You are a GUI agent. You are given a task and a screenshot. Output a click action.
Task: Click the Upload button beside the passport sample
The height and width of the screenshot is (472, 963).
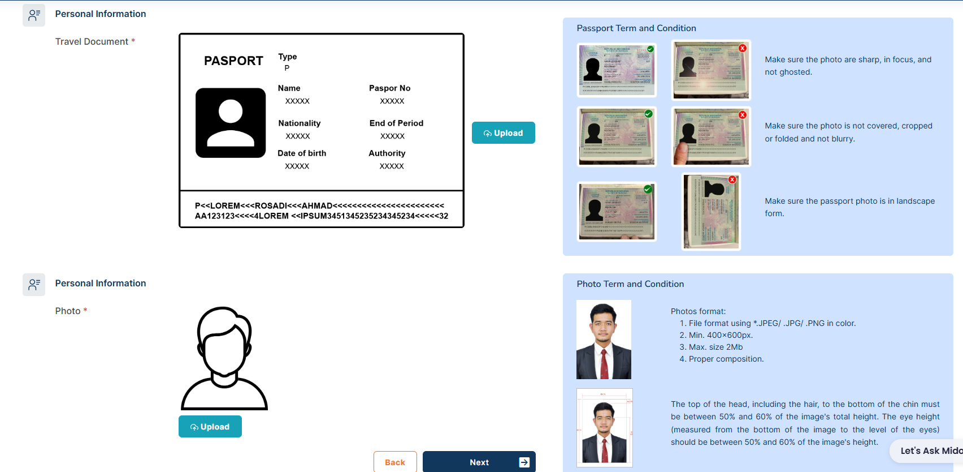coord(503,133)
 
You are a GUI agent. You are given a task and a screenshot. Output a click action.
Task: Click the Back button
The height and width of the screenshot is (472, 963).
coord(395,462)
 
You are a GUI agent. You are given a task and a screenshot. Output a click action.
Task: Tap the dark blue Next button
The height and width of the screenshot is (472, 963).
coord(479,462)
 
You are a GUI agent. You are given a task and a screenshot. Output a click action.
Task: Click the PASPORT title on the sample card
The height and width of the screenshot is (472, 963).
coord(233,61)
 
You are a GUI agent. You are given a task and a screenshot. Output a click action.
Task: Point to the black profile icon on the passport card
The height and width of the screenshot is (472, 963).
coord(231,123)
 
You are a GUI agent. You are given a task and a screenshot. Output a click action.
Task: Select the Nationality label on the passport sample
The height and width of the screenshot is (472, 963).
coord(299,123)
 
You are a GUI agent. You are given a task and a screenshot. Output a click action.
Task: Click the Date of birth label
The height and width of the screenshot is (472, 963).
coord(302,153)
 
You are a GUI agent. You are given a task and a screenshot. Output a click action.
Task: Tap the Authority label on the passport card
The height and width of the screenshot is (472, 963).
coord(387,153)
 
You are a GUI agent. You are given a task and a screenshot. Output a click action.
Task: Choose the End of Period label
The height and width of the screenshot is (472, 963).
coord(396,123)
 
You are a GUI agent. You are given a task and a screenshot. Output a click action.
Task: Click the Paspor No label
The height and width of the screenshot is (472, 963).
coord(389,88)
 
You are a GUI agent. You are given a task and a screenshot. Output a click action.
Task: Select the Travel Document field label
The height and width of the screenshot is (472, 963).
coord(92,42)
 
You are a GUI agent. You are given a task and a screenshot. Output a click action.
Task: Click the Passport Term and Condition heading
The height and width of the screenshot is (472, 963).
coord(636,28)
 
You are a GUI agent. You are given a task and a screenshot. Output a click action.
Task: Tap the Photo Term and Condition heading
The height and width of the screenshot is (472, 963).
coord(630,284)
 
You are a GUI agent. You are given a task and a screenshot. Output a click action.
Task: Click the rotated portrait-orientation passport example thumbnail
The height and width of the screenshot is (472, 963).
coord(711,212)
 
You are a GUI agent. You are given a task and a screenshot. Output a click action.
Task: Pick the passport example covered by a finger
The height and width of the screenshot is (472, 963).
coord(711,136)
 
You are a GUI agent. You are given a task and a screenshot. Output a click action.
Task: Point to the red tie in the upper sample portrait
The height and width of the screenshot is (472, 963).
coord(604,363)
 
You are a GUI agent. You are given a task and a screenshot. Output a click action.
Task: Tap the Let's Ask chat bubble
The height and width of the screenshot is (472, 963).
coord(930,450)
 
